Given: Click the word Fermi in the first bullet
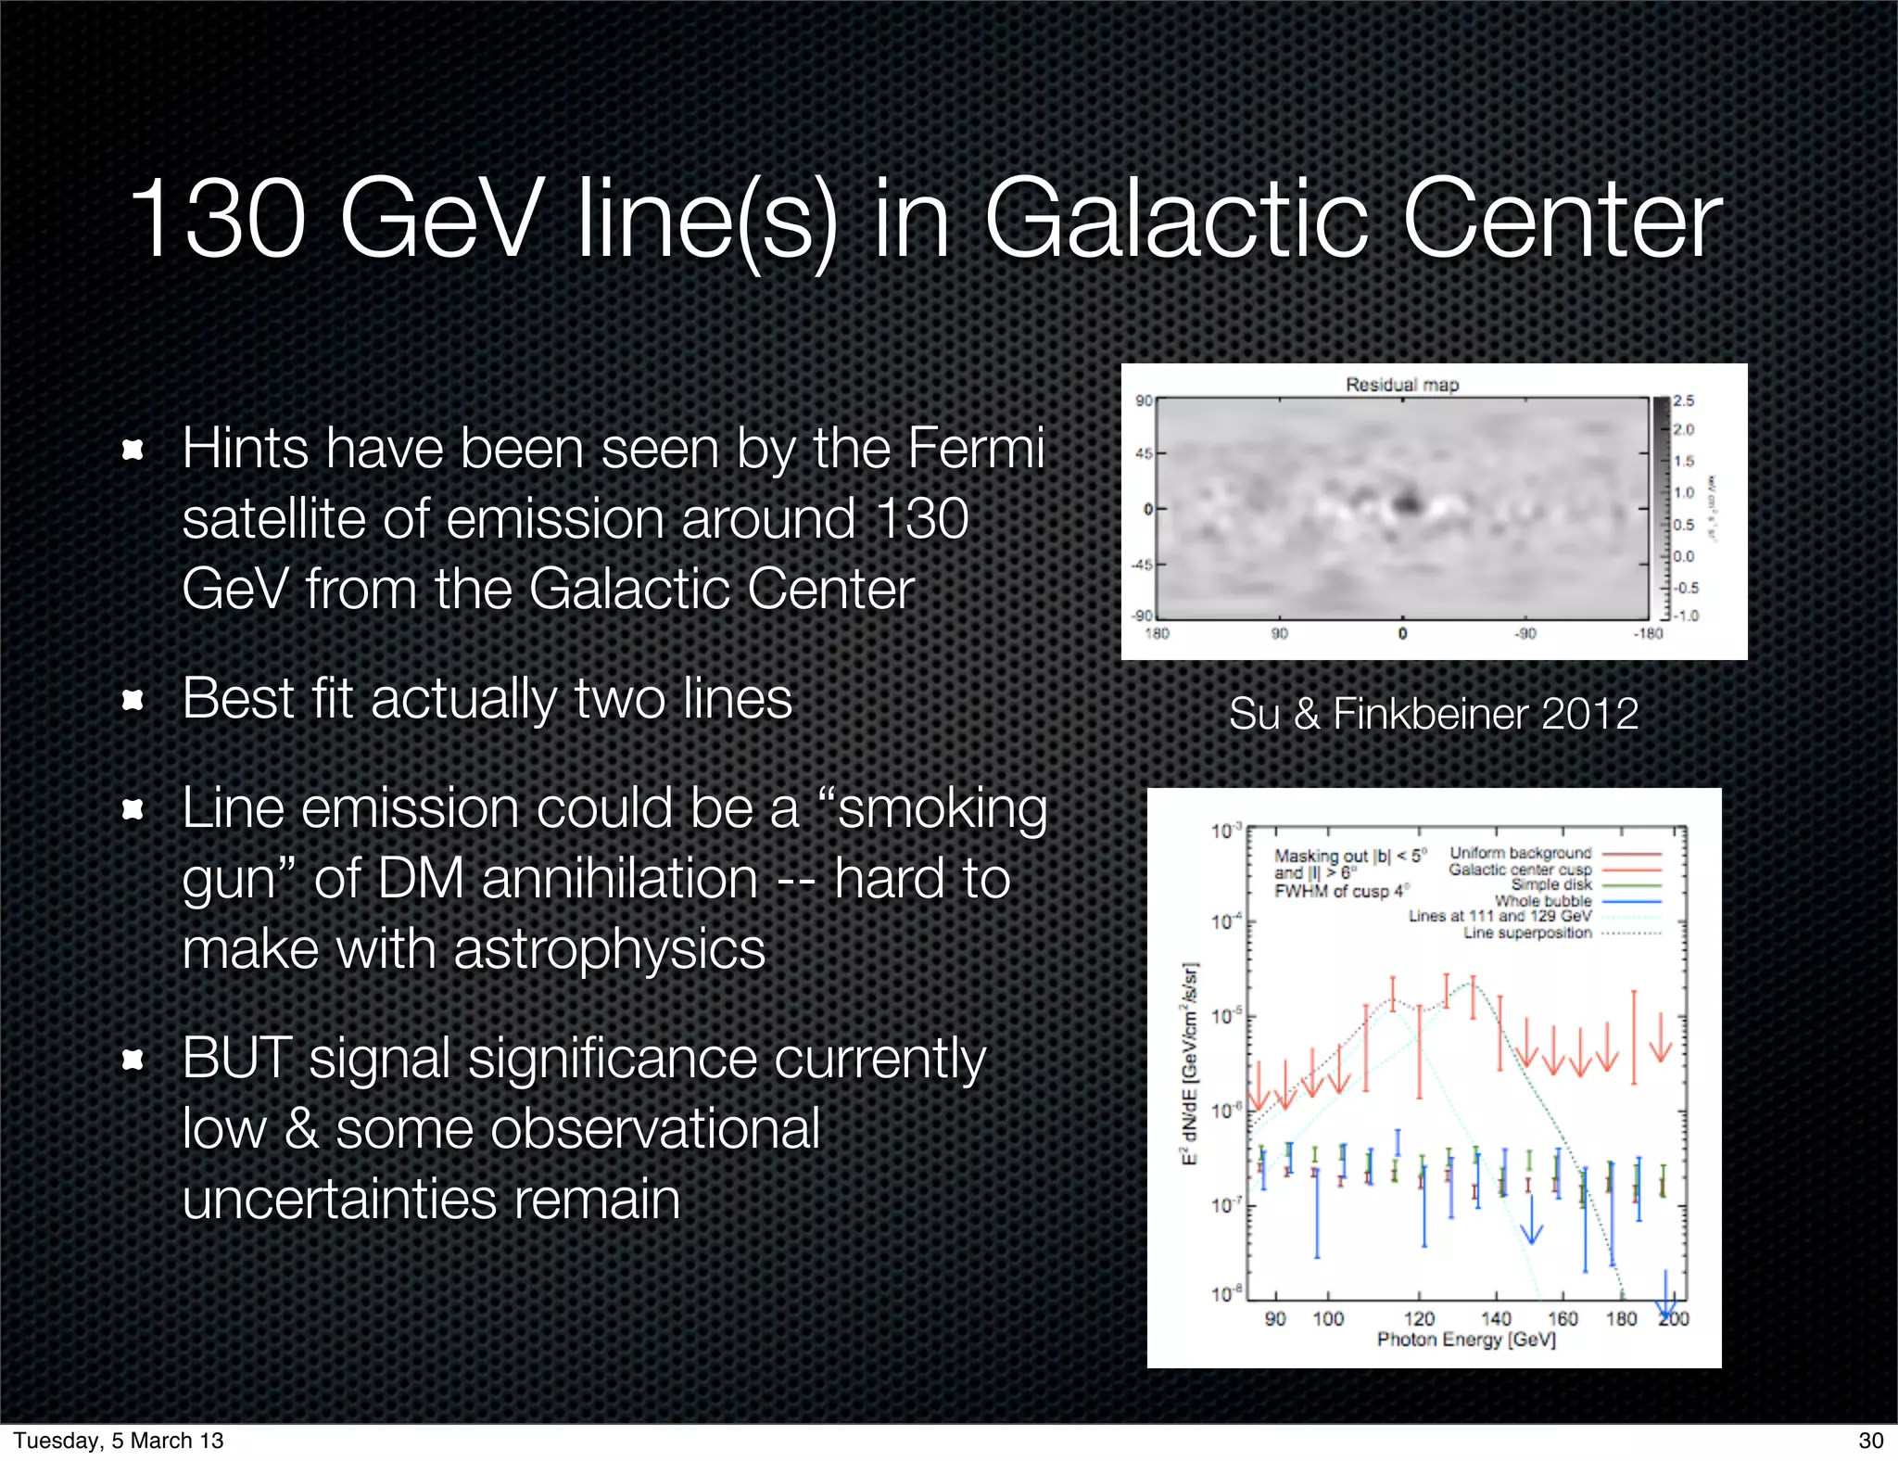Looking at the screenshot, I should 975,449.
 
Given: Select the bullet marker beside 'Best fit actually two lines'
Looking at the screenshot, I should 133,699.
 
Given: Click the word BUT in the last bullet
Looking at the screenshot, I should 236,1059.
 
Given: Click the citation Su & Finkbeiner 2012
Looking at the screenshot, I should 1433,714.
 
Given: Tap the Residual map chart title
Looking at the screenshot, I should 1401,385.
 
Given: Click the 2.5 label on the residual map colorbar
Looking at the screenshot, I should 1683,401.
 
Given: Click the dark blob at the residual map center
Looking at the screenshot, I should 1408,503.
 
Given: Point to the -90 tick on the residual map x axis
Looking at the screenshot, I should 1525,634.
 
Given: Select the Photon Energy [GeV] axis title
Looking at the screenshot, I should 1465,1340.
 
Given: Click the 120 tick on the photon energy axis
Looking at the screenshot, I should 1418,1318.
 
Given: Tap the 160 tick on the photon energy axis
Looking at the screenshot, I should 1563,1318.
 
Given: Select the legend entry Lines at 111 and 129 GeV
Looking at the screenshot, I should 1499,916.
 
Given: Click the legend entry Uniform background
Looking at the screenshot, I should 1520,853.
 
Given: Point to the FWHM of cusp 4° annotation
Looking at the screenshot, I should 1341,892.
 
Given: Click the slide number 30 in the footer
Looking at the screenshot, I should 1870,1441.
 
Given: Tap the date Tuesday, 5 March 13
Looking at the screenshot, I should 119,1441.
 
